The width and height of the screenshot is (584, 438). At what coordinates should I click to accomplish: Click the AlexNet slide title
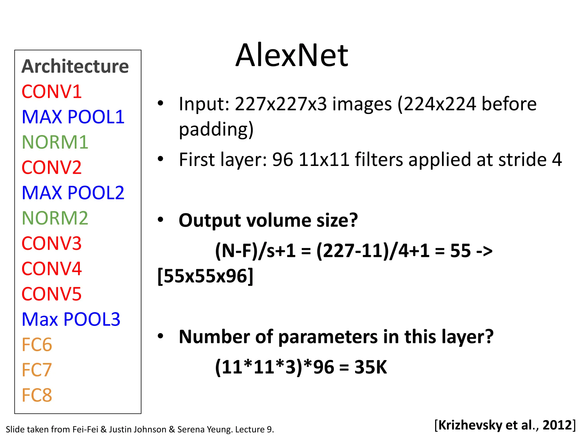tap(291, 55)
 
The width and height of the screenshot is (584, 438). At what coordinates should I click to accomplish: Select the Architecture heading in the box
tap(75, 66)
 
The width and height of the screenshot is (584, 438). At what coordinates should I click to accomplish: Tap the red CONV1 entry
tap(52, 92)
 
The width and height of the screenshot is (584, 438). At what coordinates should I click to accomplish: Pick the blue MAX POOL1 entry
tap(73, 117)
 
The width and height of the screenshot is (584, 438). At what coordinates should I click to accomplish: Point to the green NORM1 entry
tap(55, 142)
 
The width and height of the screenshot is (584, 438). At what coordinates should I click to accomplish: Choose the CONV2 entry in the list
tap(52, 168)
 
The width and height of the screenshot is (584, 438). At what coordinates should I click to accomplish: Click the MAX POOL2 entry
tap(73, 193)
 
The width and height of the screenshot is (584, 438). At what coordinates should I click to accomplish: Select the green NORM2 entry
tap(55, 218)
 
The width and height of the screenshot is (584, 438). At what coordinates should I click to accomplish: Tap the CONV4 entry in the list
tap(52, 269)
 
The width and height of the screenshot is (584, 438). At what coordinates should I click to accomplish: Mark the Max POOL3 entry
tap(71, 319)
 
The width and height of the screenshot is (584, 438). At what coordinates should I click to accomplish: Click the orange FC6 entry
tap(37, 345)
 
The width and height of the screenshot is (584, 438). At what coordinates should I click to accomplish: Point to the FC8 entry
tap(37, 395)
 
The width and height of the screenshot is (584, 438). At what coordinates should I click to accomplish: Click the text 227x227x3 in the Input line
tap(281, 104)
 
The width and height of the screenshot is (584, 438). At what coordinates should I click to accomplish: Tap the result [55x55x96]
tap(205, 276)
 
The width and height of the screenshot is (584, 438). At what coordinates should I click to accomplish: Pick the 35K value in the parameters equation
tap(371, 367)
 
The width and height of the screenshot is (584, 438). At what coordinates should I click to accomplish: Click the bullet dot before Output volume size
tap(161, 220)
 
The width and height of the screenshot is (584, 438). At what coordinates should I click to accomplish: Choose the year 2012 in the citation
tap(557, 425)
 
